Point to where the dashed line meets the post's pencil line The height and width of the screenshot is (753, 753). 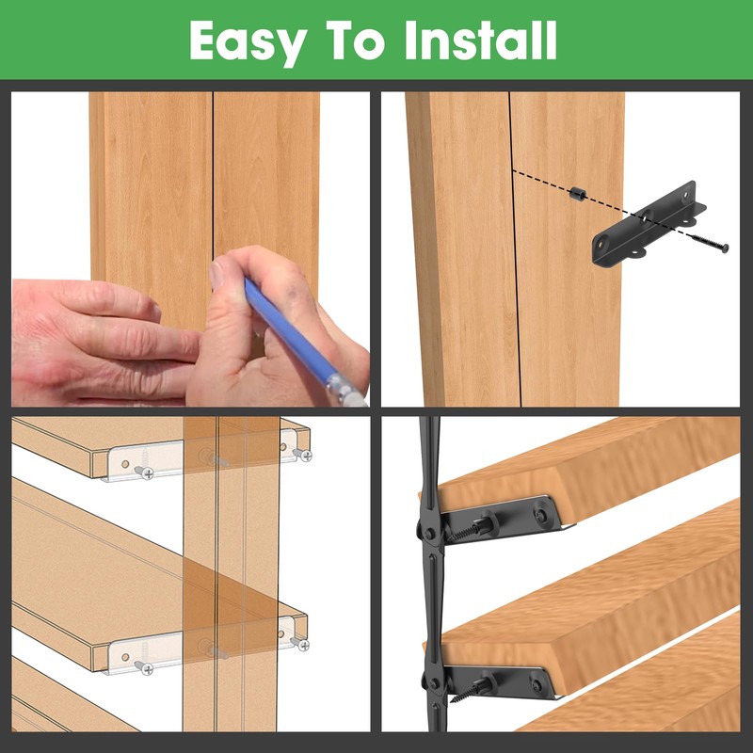[x=512, y=170]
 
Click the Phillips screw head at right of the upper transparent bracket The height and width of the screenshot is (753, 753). [x=304, y=456]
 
